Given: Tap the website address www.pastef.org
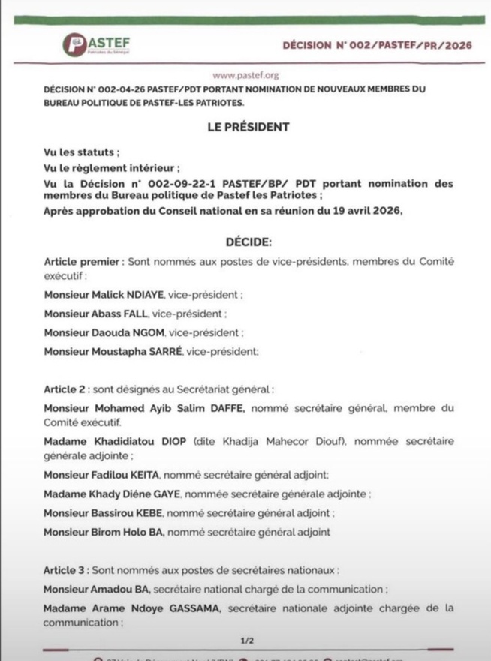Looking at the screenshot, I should click(245, 75).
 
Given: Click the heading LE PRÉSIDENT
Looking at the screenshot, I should click(248, 127).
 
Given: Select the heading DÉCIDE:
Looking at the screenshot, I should click(249, 242).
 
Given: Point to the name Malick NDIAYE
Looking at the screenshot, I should click(114, 296).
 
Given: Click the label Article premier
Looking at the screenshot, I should click(83, 262).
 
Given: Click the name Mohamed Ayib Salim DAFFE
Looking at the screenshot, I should click(169, 408).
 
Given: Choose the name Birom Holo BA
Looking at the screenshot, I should click(123, 532).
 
